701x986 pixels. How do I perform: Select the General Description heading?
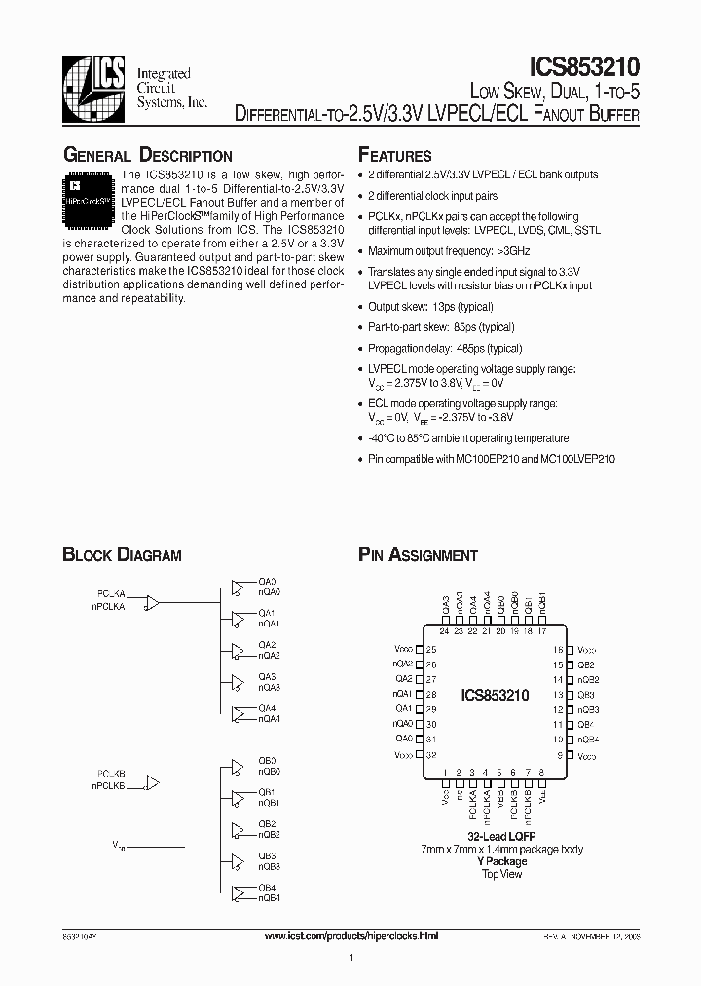147,156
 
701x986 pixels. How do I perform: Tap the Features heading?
394,156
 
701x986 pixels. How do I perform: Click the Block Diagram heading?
122,555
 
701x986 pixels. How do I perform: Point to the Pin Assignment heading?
418,555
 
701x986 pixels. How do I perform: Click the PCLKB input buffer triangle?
151,782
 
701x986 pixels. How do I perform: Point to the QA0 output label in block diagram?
267,581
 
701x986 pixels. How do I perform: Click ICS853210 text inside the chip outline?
495,696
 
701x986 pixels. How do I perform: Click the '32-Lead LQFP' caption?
502,837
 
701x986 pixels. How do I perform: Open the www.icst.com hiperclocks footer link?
351,935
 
